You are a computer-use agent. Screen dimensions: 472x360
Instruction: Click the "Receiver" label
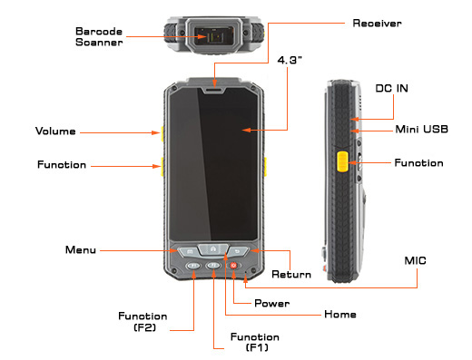pyautogui.click(x=377, y=24)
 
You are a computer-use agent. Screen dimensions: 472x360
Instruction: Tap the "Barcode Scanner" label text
pyautogui.click(x=99, y=36)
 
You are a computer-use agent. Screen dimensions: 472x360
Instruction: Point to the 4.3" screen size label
pyautogui.click(x=290, y=60)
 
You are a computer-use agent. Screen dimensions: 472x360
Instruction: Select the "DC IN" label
pyautogui.click(x=391, y=88)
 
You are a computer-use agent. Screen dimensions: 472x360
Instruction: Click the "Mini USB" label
pyautogui.click(x=421, y=130)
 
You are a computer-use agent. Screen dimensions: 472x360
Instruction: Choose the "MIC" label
pyautogui.click(x=415, y=260)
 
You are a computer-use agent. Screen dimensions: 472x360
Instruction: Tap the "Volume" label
pyautogui.click(x=55, y=131)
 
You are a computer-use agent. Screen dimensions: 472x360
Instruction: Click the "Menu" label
pyautogui.click(x=81, y=250)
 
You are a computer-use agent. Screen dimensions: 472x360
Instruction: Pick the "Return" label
pyautogui.click(x=291, y=274)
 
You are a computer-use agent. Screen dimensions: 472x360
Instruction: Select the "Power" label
pyautogui.click(x=271, y=303)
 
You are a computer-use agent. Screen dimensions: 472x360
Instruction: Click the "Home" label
pyautogui.click(x=340, y=315)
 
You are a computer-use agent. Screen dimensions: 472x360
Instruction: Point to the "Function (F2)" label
pyautogui.click(x=143, y=322)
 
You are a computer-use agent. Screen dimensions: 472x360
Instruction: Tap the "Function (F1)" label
pyautogui.click(x=255, y=342)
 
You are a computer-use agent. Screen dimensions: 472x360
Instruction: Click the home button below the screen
pyautogui.click(x=213, y=249)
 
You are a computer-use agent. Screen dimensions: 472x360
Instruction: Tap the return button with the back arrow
pyautogui.click(x=238, y=251)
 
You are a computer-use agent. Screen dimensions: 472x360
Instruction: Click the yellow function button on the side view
pyautogui.click(x=342, y=161)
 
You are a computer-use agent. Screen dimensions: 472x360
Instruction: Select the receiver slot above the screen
pyautogui.click(x=214, y=90)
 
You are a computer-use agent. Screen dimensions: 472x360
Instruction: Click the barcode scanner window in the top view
pyautogui.click(x=213, y=36)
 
